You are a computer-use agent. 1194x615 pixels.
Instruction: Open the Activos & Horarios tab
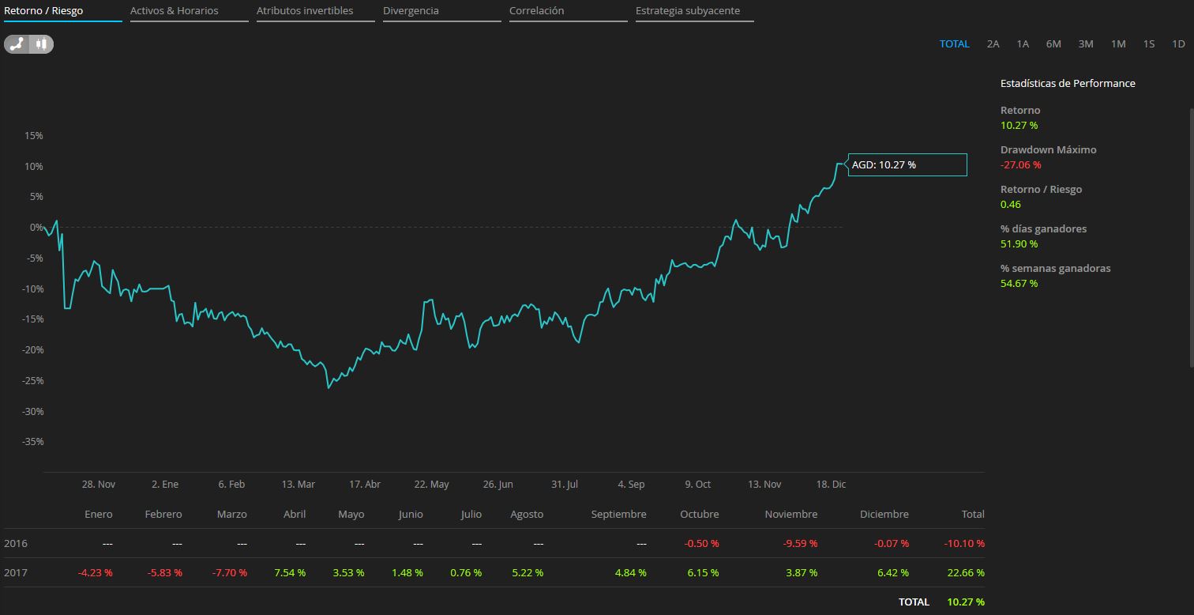(x=175, y=11)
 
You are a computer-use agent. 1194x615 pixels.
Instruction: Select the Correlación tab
(x=537, y=11)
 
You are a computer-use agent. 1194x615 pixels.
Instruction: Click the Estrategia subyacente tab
(x=688, y=11)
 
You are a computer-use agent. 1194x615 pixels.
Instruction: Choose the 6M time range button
(x=1053, y=44)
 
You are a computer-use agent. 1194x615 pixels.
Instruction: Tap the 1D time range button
(x=1178, y=44)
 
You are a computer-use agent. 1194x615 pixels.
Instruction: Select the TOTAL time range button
(x=954, y=44)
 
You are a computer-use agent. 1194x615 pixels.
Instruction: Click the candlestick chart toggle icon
(x=42, y=44)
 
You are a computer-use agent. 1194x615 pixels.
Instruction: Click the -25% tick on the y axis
(x=32, y=380)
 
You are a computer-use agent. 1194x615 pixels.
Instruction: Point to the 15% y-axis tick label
(x=34, y=136)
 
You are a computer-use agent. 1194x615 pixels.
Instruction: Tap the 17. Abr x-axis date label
(x=365, y=485)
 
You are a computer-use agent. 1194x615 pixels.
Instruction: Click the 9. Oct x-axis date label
(x=697, y=485)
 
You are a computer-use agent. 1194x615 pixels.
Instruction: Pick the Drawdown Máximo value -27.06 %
(x=1020, y=164)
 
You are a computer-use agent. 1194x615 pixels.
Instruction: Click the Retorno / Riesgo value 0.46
(x=1011, y=204)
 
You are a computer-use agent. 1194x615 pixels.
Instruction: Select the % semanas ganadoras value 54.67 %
(x=1019, y=283)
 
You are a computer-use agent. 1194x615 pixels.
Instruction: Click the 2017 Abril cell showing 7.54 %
(x=290, y=572)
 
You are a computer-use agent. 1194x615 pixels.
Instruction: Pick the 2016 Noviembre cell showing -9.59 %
(x=801, y=544)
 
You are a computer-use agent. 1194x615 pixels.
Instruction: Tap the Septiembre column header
(x=618, y=514)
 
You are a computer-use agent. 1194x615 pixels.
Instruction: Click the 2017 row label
(x=15, y=572)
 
